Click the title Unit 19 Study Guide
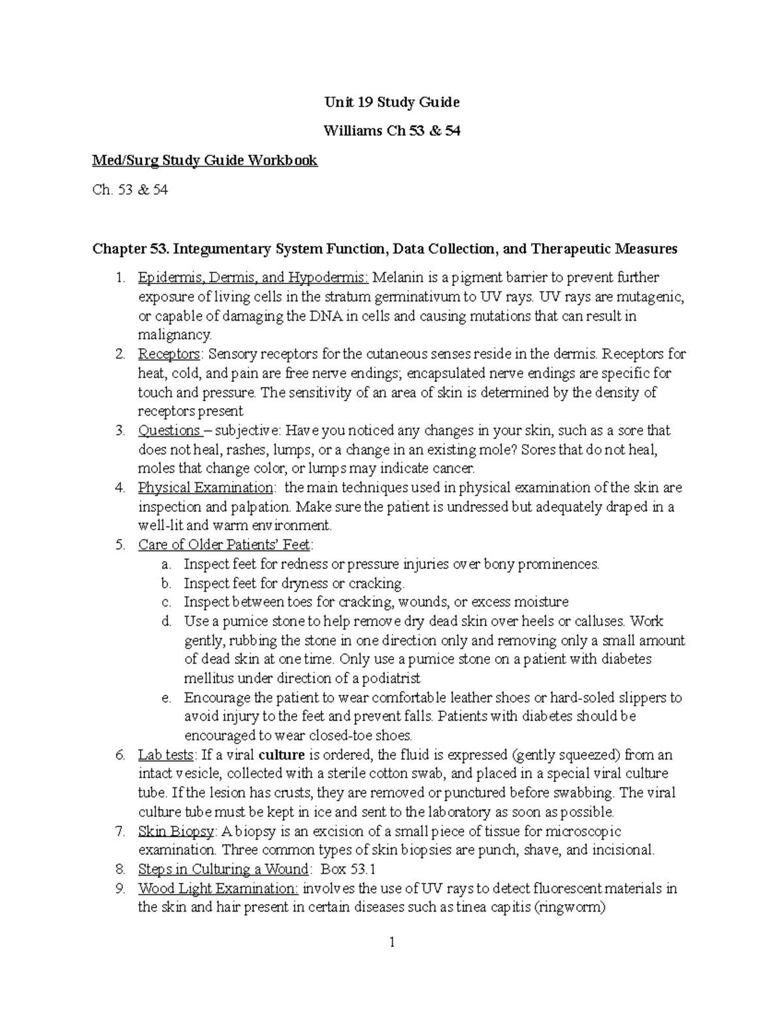pos(392,103)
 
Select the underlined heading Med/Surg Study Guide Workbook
pos(205,161)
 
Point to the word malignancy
pos(174,336)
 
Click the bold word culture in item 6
pos(282,755)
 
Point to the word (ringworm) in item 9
pos(570,908)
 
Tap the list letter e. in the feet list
pos(167,698)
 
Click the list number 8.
pos(120,870)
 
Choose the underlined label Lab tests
pos(166,755)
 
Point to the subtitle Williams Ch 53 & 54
pos(392,131)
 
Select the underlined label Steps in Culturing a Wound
pos(223,870)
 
